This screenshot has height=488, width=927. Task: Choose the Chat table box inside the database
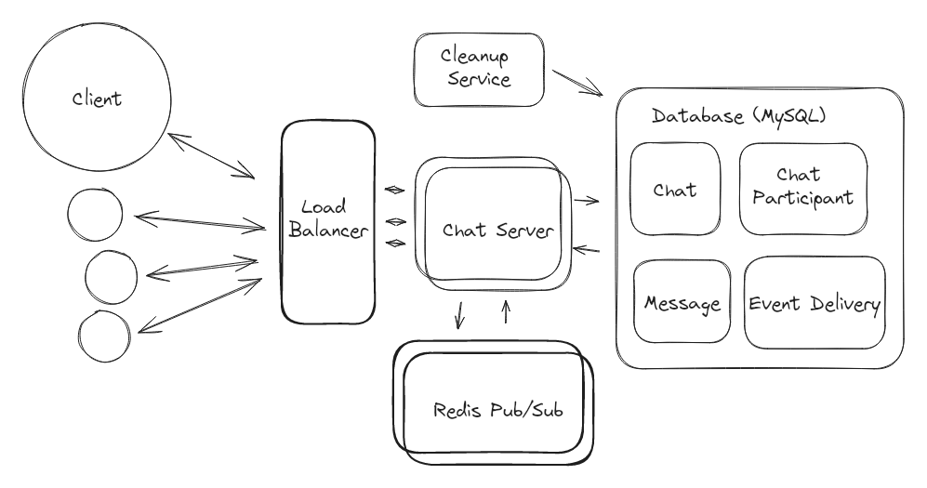(x=675, y=189)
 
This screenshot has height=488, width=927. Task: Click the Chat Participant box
(x=802, y=188)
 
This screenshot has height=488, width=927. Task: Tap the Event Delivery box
(x=814, y=303)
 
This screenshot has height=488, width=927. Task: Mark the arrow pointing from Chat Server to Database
(x=586, y=200)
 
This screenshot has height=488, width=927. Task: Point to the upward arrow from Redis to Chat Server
(x=506, y=311)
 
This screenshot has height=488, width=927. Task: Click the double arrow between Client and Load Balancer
(x=212, y=155)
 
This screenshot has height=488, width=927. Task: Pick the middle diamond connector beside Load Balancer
(x=395, y=221)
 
